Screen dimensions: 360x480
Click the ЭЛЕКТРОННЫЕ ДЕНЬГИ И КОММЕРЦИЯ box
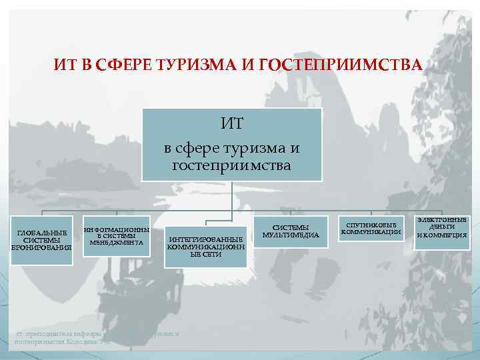click(x=441, y=227)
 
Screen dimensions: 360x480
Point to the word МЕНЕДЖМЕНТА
click(x=115, y=243)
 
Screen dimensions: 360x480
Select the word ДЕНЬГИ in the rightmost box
click(x=441, y=227)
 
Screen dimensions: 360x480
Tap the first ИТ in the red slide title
click(x=64, y=65)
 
